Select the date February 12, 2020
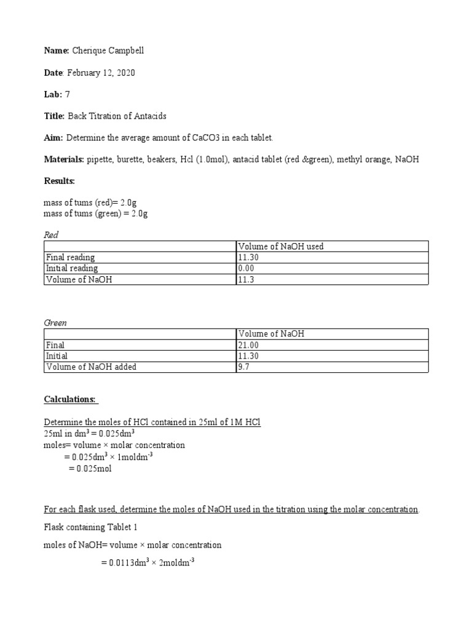click(101, 73)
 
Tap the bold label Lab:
click(53, 94)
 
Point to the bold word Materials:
click(64, 160)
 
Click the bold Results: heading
click(59, 181)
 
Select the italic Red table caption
click(51, 234)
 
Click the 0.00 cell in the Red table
click(246, 268)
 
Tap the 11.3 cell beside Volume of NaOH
click(245, 279)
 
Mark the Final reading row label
click(71, 257)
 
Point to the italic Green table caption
click(55, 322)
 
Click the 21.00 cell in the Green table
click(248, 345)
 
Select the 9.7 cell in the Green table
click(243, 367)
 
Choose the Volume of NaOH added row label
click(92, 367)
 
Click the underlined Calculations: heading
click(71, 399)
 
